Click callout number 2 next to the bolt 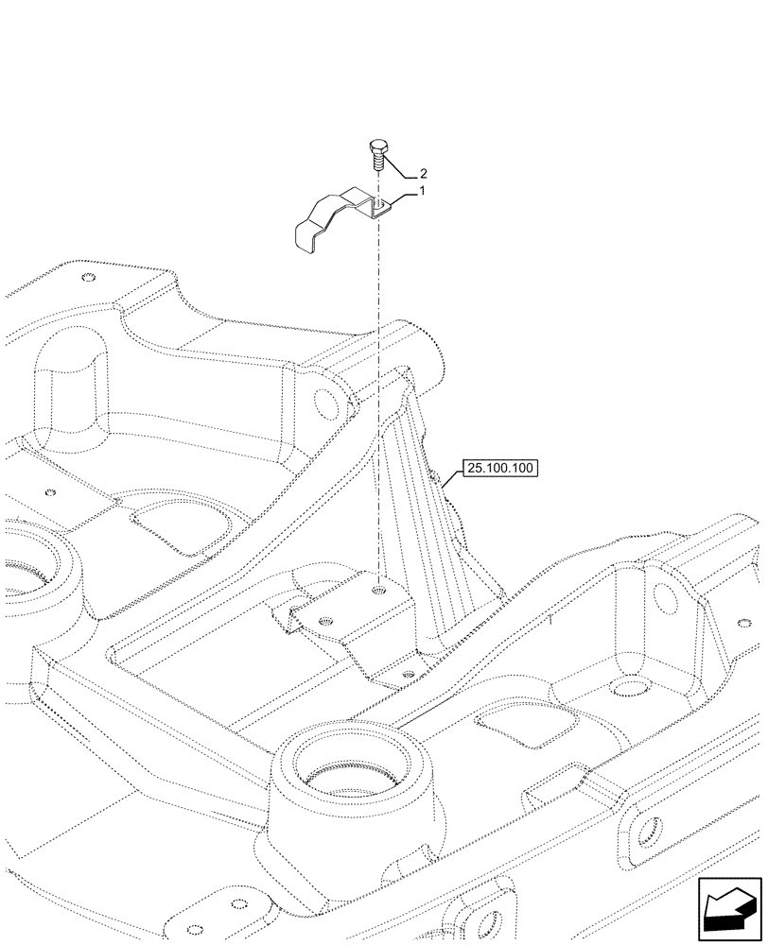coord(423,175)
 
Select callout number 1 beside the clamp coord(421,192)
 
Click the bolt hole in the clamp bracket coord(377,200)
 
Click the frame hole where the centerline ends coord(378,590)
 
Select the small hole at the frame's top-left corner coord(88,278)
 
